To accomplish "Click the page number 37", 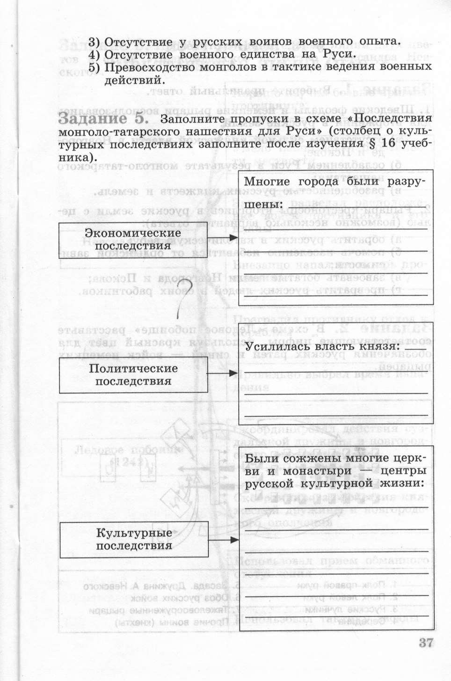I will point(426,643).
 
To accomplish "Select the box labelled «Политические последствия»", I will point(133,375).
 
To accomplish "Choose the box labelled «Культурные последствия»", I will point(134,539).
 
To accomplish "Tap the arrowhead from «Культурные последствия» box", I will point(234,540).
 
